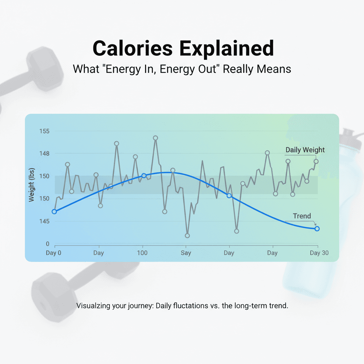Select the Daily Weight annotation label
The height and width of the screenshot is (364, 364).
point(305,150)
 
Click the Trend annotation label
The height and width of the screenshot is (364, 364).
point(302,216)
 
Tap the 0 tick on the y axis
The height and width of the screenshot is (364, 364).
point(47,244)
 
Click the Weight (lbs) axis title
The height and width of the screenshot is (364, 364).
point(32,185)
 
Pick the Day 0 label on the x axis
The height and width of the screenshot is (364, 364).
point(54,253)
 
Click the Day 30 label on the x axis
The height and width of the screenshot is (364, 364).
point(319,253)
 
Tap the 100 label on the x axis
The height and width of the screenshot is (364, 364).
point(142,253)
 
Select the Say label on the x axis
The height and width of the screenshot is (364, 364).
point(186,253)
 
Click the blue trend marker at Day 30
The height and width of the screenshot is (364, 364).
point(317,229)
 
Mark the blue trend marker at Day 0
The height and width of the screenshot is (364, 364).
point(54,212)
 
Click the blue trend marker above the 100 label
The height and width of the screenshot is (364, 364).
point(144,176)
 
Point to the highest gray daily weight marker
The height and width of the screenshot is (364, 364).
point(155,138)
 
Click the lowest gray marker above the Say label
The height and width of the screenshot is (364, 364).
point(187,236)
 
